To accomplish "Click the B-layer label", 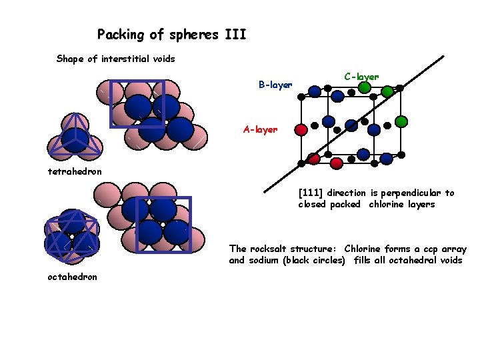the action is tap(275, 85).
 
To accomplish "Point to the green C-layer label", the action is tap(361, 76).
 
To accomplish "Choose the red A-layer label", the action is tap(260, 129).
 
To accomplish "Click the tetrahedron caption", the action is tap(75, 171).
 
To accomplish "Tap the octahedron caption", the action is tap(72, 277).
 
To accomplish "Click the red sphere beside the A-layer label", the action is tap(301, 129).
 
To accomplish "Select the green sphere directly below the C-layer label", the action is tap(364, 87).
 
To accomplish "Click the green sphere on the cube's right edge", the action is tap(401, 122).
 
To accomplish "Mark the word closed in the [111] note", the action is tap(313, 204).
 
